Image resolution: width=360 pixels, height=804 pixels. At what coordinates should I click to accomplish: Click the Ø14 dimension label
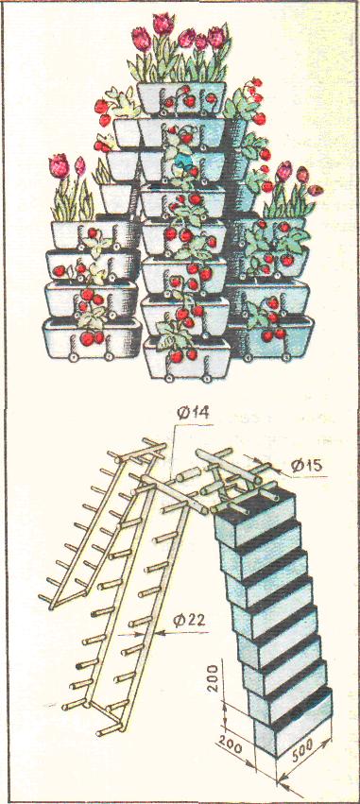pos(194,413)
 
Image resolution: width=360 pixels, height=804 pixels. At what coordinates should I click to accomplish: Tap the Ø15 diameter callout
pos(307,466)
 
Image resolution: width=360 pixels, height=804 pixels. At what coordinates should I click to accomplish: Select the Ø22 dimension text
pos(190,621)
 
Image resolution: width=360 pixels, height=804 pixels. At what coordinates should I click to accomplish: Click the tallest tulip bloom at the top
pos(163,23)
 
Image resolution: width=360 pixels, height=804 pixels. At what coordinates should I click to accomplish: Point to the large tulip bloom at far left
pos(59,165)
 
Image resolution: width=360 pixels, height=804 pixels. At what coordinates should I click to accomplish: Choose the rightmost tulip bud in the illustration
pos(316,190)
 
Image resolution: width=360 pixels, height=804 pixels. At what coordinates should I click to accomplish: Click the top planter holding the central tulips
pos(181,98)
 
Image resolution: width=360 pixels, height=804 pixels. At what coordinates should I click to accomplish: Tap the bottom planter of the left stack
pos(93,338)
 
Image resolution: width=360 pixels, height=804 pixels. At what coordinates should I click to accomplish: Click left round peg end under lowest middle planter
pos(168,378)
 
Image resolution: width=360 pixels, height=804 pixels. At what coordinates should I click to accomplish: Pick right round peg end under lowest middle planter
pos(207,379)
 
